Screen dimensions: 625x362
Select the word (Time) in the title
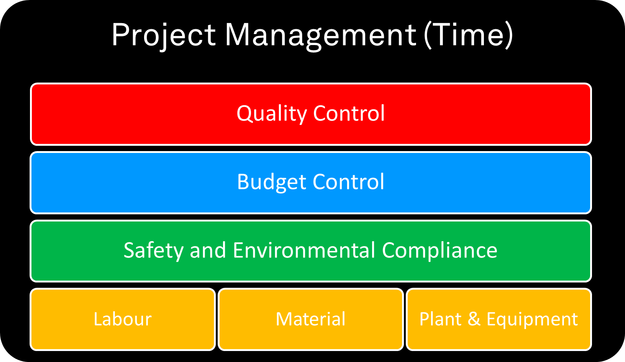tap(468, 35)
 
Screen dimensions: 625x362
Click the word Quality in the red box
tap(272, 114)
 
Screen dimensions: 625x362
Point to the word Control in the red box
tap(349, 113)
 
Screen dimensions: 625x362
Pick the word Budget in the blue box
tap(272, 182)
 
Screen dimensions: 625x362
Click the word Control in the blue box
tap(349, 181)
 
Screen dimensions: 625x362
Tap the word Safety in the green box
tap(154, 251)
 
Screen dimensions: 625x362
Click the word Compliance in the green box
tap(440, 251)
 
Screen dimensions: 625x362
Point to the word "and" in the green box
tap(208, 250)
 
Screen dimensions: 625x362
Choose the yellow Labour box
tap(123, 319)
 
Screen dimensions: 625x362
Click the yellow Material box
tap(311, 319)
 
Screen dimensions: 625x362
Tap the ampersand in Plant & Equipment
tap(474, 319)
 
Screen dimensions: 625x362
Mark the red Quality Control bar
tap(311, 114)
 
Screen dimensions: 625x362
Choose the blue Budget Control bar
tap(311, 183)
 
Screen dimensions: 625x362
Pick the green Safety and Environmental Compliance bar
tap(311, 251)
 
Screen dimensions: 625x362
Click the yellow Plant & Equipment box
tap(499, 319)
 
